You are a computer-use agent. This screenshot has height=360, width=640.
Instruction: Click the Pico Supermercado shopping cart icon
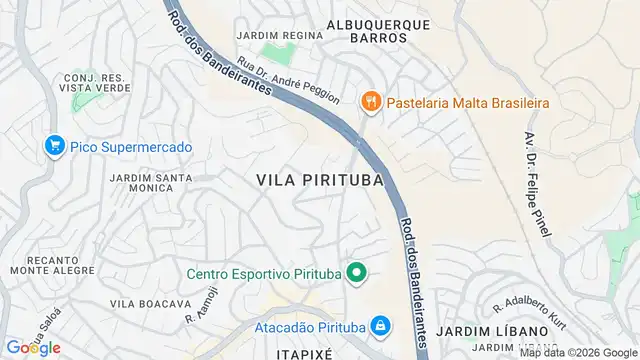coord(55,147)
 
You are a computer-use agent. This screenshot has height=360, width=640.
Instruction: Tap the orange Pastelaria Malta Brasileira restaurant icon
coord(371,100)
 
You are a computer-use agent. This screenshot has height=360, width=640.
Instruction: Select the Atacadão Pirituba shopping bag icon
coord(380,326)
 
